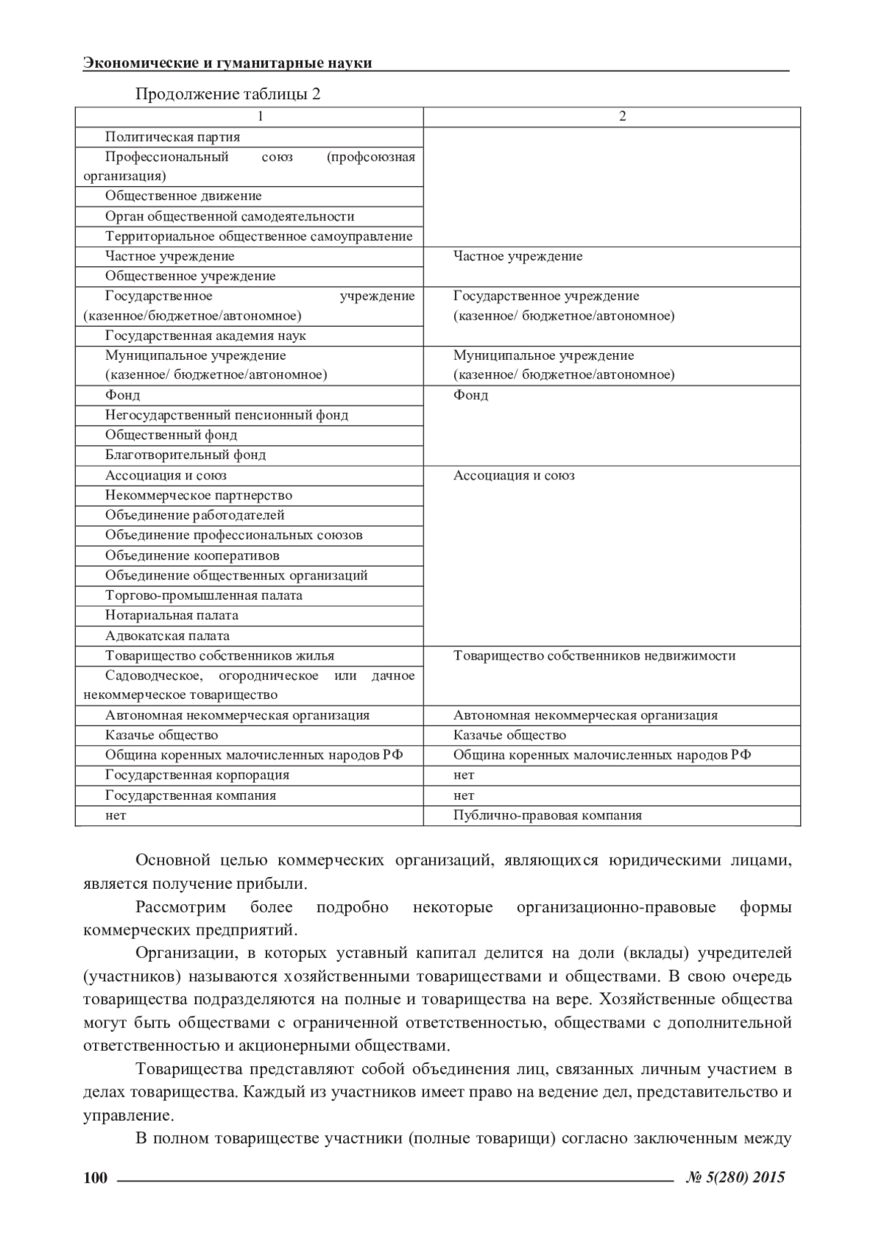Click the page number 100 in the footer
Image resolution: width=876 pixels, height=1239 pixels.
tap(96, 1178)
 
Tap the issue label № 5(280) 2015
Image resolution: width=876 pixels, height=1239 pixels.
tap(736, 1177)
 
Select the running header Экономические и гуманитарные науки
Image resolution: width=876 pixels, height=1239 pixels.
tap(228, 63)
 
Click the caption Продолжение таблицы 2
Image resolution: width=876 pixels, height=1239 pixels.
tap(228, 95)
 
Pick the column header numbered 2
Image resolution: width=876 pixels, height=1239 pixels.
tap(622, 117)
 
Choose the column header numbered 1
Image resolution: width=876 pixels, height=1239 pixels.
tap(261, 117)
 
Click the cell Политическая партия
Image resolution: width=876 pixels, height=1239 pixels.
tap(172, 137)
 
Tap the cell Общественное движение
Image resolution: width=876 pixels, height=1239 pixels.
tap(183, 196)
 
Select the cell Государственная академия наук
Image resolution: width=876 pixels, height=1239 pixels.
tap(205, 336)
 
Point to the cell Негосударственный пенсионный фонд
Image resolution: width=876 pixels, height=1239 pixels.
tap(226, 415)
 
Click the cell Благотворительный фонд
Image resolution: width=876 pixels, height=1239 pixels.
tap(185, 455)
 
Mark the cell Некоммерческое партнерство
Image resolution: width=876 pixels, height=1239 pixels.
tap(199, 495)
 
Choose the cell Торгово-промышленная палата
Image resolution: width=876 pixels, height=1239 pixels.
tap(204, 595)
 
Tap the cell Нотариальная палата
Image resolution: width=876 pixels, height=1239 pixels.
tap(172, 615)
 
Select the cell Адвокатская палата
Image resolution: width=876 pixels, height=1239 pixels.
tap(167, 636)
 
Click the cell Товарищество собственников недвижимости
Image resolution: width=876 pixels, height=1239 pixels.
tap(594, 656)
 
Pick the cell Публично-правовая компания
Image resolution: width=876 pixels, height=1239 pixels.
tap(547, 816)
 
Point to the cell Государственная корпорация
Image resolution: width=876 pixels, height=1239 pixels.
tap(197, 776)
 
